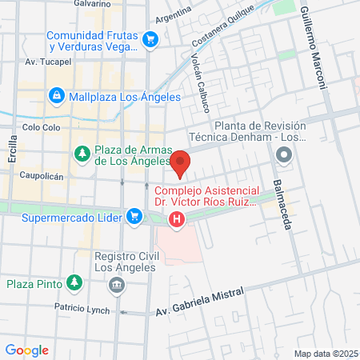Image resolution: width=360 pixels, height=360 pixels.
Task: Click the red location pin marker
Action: tap(181, 163)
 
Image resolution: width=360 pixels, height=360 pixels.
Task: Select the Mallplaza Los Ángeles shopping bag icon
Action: tap(56, 96)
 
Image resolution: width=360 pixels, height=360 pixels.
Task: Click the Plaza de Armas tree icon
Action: tap(82, 152)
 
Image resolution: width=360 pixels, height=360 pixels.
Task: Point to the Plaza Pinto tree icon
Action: tap(74, 282)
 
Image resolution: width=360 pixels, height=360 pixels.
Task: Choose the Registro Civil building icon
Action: tap(118, 284)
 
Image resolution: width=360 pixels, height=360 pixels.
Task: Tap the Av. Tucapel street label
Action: tap(44, 61)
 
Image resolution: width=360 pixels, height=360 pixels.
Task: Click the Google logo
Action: tap(27, 350)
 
